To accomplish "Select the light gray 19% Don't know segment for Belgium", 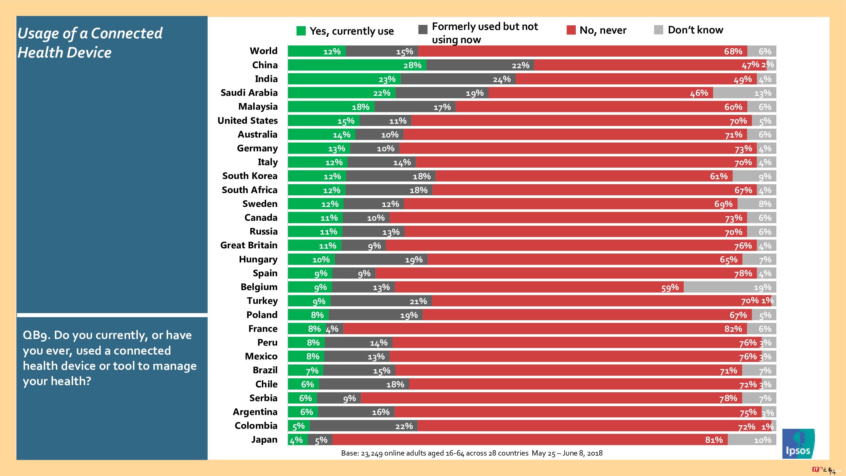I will click(730, 287).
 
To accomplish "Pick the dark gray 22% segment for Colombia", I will click(363, 426).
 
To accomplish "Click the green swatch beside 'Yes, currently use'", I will click(301, 31).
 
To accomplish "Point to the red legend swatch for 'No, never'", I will click(571, 30).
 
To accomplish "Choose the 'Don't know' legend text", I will click(695, 30).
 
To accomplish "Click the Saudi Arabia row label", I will click(249, 93).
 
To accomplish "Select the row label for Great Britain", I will click(249, 245).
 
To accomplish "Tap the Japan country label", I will click(264, 439).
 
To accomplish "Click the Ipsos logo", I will click(798, 443).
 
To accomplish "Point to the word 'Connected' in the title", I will click(126, 33).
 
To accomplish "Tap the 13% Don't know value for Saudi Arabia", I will click(763, 93).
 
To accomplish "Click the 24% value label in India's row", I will click(502, 79).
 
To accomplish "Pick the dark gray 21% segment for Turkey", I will click(381, 301).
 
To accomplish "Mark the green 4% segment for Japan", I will click(298, 440).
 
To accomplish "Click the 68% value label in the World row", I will click(733, 52).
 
